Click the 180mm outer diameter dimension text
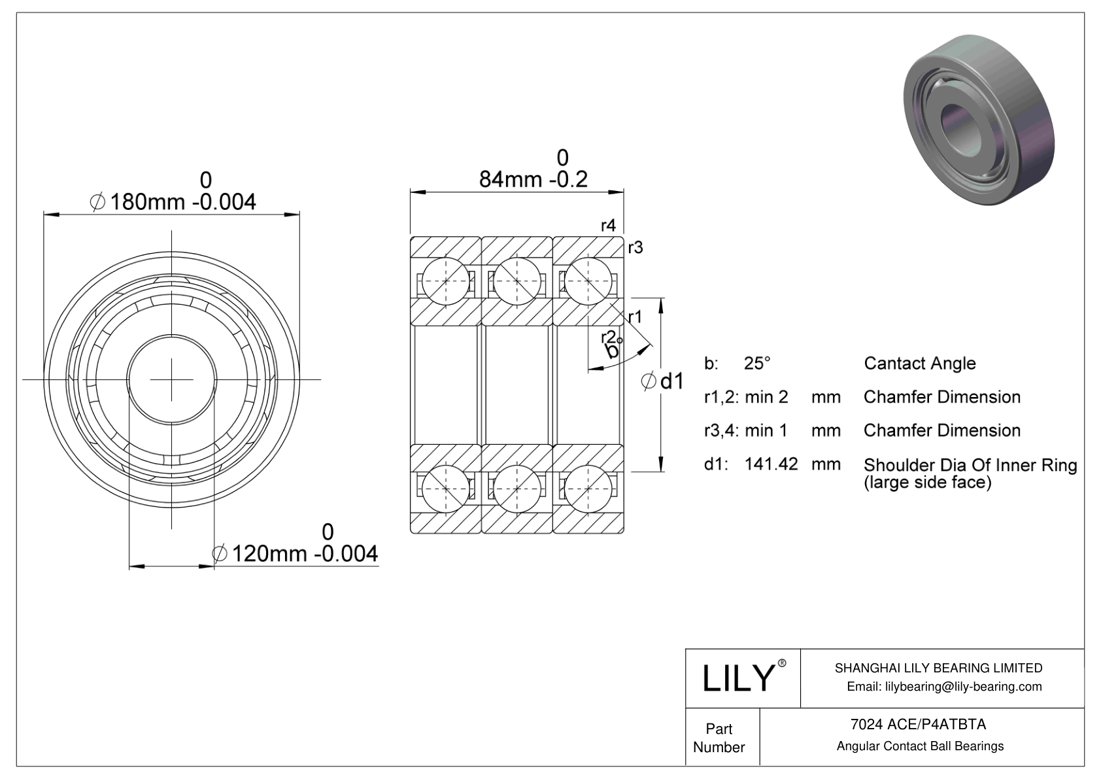click(x=173, y=201)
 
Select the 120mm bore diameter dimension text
click(x=295, y=554)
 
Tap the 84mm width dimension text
click(x=534, y=179)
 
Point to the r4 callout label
click(x=608, y=225)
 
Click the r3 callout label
click(x=635, y=247)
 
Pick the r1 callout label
click(x=635, y=317)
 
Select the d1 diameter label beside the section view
click(x=662, y=381)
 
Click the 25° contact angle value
click(x=757, y=364)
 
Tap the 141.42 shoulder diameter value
click(x=771, y=464)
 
